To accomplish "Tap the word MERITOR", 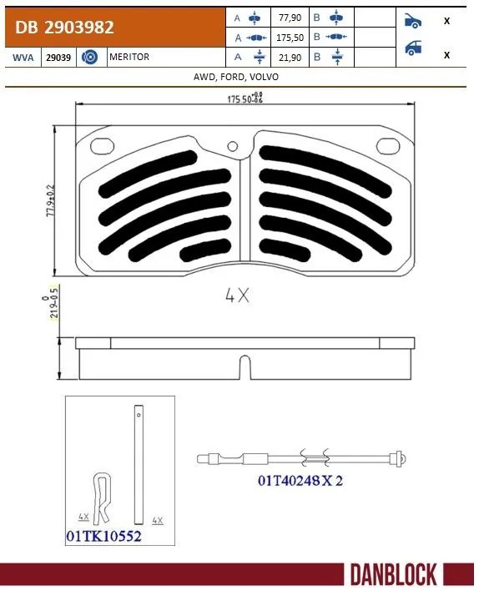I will tap(129, 57).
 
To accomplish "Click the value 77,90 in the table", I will tap(290, 17).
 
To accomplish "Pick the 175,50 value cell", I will tap(290, 37).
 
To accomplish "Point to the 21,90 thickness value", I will tap(290, 57).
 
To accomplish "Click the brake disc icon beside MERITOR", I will tap(92, 57).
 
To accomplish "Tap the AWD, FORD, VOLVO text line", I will tap(239, 76).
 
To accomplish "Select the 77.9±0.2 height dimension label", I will tap(52, 200).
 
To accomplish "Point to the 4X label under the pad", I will tap(237, 295).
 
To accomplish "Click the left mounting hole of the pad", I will tap(103, 144).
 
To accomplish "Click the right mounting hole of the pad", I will tap(386, 144).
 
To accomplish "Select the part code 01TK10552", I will tap(103, 537).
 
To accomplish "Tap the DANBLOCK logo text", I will tap(392, 574).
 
